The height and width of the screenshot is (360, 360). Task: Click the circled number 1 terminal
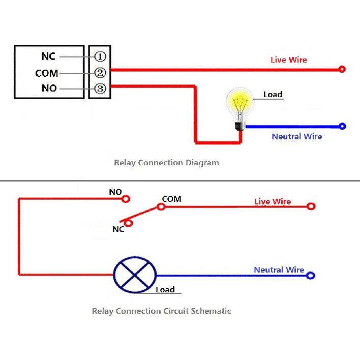100,56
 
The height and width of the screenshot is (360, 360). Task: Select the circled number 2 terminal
100,73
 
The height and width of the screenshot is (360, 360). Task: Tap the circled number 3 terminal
100,88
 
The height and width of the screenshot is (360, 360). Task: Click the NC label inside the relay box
48,56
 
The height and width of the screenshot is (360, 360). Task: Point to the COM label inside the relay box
47,73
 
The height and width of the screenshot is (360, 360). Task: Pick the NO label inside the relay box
49,88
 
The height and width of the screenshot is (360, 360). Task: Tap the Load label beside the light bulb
273,94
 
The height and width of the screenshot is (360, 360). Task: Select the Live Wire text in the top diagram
288,60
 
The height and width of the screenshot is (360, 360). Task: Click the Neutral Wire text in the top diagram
296,136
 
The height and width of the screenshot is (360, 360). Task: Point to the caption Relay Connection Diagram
166,163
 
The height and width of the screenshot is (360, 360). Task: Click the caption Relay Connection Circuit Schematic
161,311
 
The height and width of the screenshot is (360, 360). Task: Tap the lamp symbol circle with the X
134,275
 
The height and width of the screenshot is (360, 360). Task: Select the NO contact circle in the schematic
126,199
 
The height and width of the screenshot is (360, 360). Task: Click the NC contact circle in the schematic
129,222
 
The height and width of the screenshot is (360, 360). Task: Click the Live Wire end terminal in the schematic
311,206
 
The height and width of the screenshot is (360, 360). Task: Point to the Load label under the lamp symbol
165,290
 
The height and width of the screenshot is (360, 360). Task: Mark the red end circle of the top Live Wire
342,69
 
